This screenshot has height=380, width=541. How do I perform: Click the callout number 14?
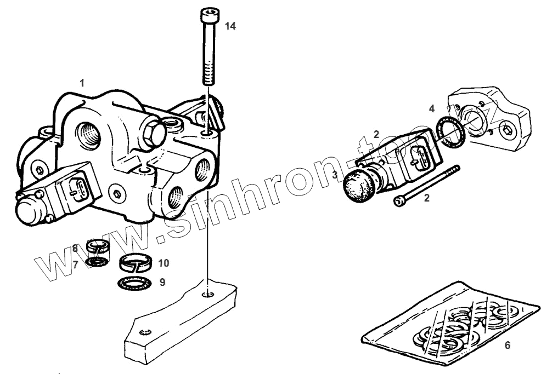coord(230,26)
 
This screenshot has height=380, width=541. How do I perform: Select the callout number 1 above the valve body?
coord(82,83)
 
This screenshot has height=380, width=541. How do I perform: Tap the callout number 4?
coord(432,108)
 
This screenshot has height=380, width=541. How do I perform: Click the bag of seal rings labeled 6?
coord(450,325)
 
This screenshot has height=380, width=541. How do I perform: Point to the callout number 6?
coord(507,346)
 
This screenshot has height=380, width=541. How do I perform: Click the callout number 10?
coord(163,263)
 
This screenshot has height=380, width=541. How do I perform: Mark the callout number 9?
coord(162,283)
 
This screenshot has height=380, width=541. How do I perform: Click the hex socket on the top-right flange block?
coord(507,131)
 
